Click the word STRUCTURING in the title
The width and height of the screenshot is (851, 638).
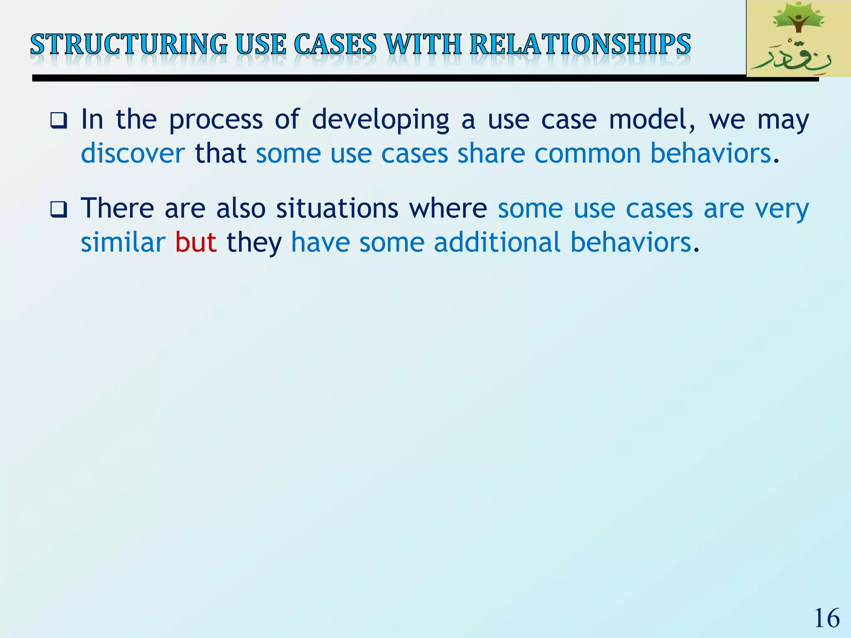click(129, 44)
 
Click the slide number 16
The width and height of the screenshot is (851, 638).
click(826, 618)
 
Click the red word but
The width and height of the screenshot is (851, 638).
click(196, 242)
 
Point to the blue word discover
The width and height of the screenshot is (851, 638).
click(133, 153)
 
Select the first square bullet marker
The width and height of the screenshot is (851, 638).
click(59, 121)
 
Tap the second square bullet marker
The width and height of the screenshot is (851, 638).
click(59, 210)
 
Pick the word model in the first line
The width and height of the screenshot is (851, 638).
click(652, 120)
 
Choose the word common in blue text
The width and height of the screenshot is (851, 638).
click(588, 153)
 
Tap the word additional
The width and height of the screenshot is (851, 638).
click(497, 242)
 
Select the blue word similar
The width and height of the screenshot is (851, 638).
click(123, 242)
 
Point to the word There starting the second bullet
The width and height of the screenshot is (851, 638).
click(117, 208)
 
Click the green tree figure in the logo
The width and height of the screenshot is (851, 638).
click(797, 21)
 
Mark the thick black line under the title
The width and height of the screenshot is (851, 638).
click(374, 78)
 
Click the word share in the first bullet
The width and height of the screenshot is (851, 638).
click(491, 153)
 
